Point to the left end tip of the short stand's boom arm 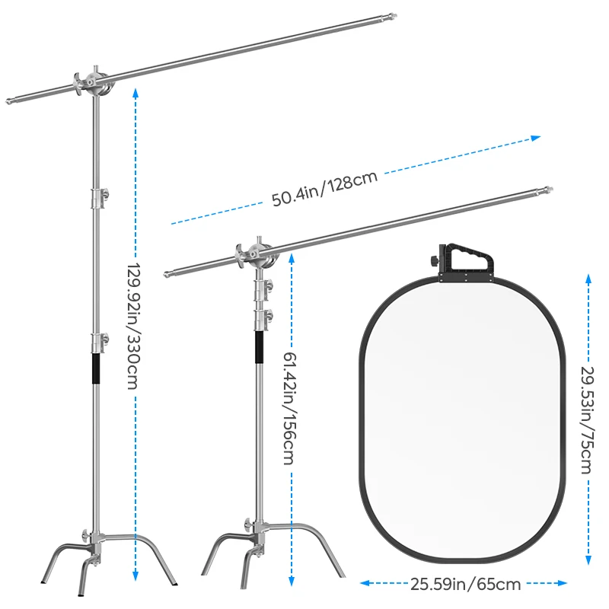(167, 274)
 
